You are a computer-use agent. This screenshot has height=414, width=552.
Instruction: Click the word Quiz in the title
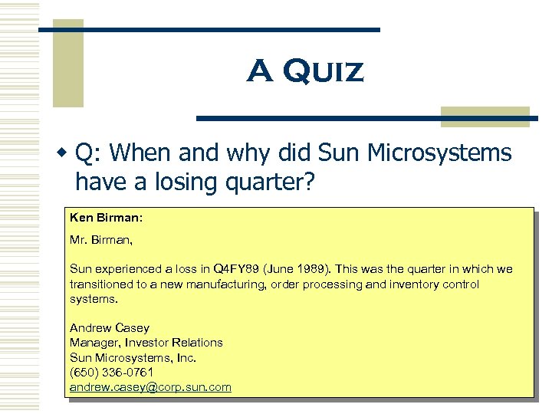(324, 72)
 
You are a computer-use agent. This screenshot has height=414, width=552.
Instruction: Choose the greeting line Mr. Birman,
(101, 240)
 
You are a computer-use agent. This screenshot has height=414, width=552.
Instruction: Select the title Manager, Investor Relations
(146, 343)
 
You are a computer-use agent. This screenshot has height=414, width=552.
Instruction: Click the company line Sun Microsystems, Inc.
(133, 357)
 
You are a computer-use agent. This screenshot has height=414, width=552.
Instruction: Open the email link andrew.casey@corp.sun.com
(150, 387)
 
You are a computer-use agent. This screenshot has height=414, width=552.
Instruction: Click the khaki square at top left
(67, 63)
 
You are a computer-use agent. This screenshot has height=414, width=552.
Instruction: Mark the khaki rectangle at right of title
(485, 116)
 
